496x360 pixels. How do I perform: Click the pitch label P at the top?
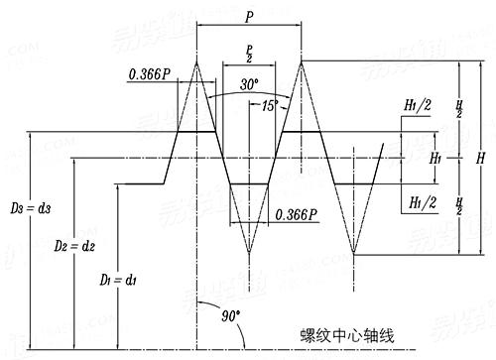[249, 17]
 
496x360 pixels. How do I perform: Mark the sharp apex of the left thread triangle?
[197, 61]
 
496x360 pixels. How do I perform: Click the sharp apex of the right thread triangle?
[301, 61]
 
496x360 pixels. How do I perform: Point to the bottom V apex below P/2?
[249, 254]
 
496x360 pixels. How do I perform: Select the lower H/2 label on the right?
[458, 207]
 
